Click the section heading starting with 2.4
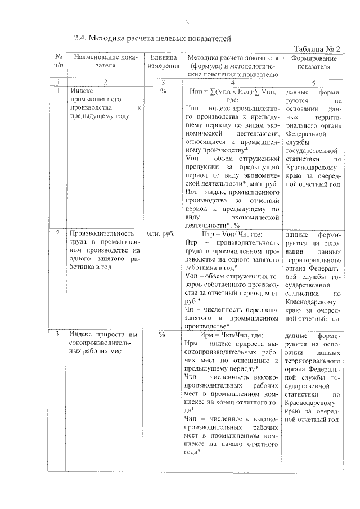[154, 39]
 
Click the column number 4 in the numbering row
[232, 82]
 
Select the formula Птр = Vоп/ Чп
[231, 233]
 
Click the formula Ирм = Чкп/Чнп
[231, 334]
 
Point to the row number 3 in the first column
[58, 334]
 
